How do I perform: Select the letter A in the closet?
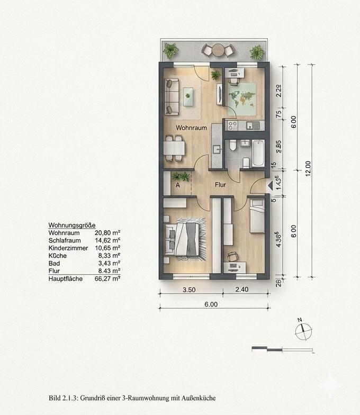[x=178, y=186]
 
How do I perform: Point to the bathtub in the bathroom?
[x=259, y=152]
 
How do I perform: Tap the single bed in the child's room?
[x=257, y=216]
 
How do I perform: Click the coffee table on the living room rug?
[x=188, y=96]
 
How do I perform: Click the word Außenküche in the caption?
[x=200, y=398]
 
